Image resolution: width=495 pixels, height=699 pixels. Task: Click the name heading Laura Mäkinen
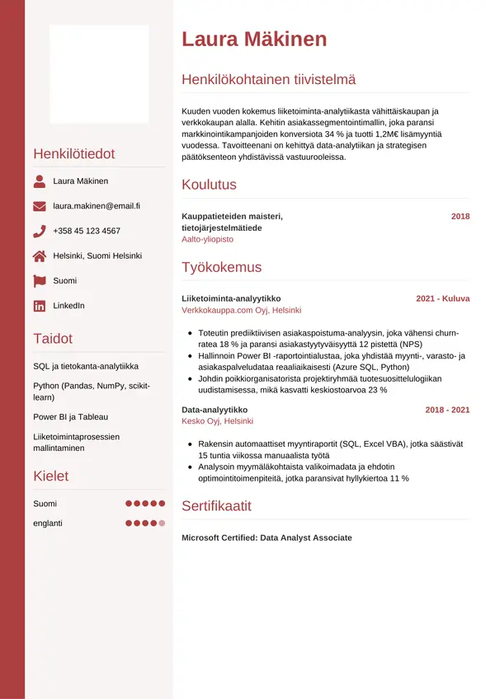point(254,39)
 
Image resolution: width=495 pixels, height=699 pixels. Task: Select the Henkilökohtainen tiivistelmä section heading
point(268,79)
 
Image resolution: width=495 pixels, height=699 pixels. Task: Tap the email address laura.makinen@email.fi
point(97,206)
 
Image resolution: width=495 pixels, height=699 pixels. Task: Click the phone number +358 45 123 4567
point(87,231)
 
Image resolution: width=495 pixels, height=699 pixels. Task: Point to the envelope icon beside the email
point(40,206)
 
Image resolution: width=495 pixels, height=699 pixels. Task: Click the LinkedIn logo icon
point(40,306)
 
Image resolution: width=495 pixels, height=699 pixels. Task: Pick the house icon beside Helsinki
point(40,256)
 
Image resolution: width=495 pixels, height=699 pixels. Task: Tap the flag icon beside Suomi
point(40,280)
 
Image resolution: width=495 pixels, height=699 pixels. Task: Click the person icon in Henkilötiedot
point(40,181)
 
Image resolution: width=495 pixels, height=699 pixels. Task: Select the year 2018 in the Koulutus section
point(460,216)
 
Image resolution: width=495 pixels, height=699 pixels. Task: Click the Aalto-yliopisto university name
point(207,238)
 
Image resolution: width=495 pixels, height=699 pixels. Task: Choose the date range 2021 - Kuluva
point(442,298)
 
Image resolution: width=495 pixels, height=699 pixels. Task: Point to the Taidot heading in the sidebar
point(53,338)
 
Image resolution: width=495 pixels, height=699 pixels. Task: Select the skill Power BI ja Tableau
point(70,417)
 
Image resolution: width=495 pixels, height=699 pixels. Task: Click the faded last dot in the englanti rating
point(163,523)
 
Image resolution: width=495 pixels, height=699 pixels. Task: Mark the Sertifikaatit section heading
point(216,505)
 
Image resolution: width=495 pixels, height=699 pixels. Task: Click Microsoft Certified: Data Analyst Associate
point(266,537)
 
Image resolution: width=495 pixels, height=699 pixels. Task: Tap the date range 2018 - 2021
point(447,409)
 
